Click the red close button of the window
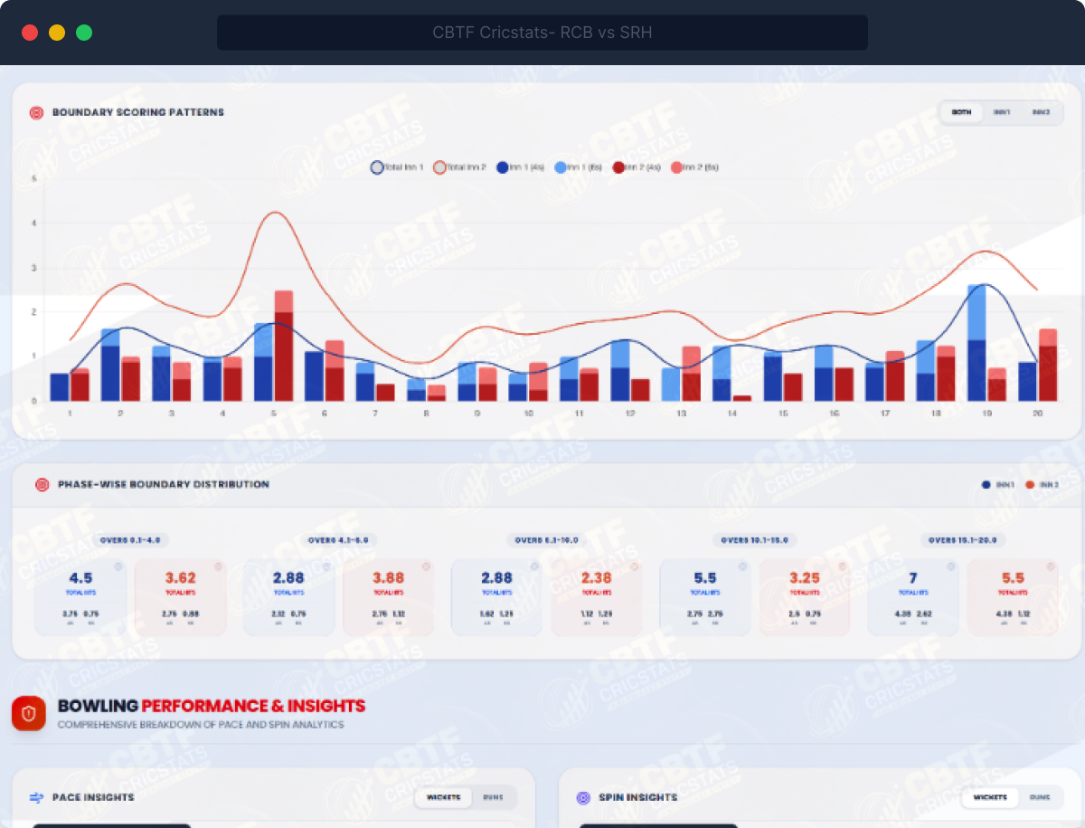coord(30,33)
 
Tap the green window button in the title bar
coord(84,33)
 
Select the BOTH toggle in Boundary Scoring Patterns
coord(961,112)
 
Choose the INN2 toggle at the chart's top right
coord(1041,112)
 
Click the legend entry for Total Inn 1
coord(397,167)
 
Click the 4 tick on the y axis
coord(33,223)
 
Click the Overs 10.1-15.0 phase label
coord(755,540)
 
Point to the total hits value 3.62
coord(180,578)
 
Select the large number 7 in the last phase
coord(913,578)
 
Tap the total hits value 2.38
coord(597,578)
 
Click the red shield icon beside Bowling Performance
coord(29,713)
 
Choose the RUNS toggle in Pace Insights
coord(493,797)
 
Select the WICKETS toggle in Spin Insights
coord(990,797)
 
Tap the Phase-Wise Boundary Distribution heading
coord(164,485)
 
